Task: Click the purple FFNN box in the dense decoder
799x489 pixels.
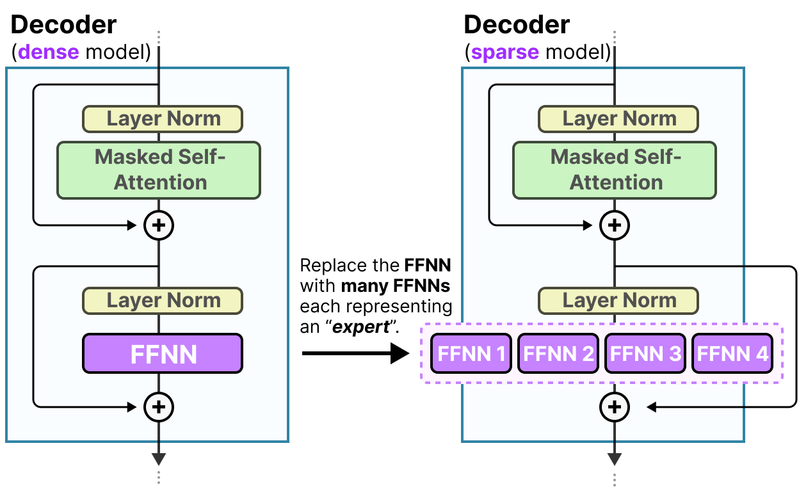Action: tap(162, 353)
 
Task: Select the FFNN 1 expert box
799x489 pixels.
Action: tap(471, 353)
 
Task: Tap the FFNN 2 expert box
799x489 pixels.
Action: tap(558, 353)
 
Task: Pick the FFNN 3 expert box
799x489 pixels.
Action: tap(645, 353)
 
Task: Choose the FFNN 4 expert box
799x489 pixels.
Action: tap(732, 353)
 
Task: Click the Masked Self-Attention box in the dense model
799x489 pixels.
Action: tap(159, 170)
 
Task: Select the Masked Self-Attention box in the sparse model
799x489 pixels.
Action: tap(615, 170)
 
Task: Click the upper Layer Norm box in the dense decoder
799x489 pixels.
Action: tap(163, 119)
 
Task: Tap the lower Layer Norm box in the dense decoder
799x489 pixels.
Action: tap(163, 300)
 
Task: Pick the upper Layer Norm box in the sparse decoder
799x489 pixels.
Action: tap(618, 119)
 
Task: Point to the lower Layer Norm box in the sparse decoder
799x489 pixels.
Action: tap(618, 300)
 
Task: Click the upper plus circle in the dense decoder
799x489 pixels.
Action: tap(159, 225)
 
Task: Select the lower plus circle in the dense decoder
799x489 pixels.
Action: tap(159, 406)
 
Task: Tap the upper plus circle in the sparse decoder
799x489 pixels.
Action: tap(615, 225)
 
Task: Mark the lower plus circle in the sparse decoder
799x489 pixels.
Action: tap(615, 406)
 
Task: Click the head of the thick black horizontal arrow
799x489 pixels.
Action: tap(399, 353)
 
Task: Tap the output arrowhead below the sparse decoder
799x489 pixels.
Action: tap(615, 459)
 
